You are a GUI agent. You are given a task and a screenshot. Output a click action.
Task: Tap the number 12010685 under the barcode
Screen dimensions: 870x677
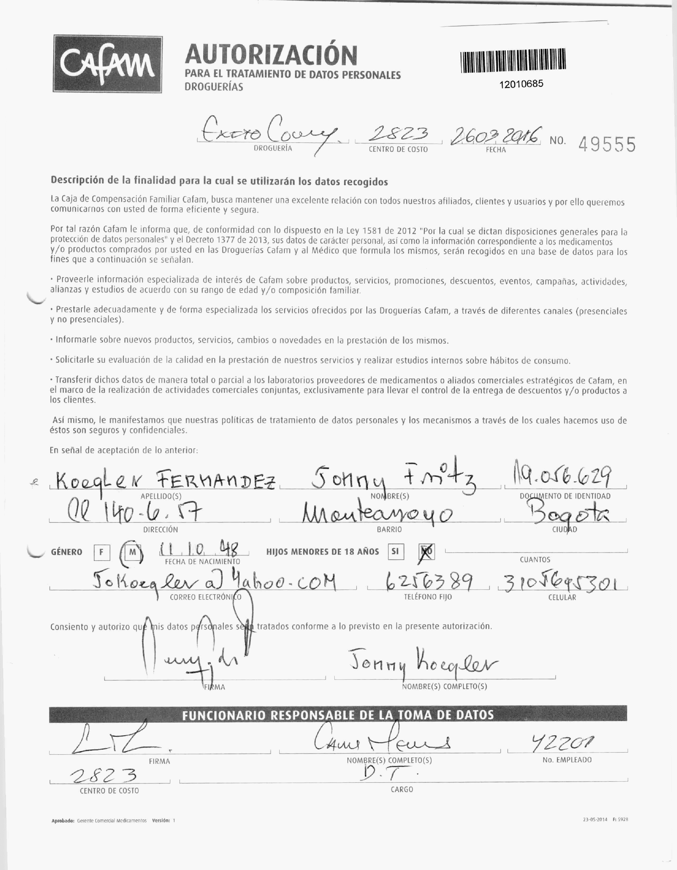[521, 84]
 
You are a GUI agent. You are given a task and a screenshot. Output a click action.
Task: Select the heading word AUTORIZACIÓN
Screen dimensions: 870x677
[271, 55]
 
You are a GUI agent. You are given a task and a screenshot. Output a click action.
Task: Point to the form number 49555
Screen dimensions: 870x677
[607, 144]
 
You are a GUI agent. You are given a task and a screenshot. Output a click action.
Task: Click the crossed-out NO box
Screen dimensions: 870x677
[427, 552]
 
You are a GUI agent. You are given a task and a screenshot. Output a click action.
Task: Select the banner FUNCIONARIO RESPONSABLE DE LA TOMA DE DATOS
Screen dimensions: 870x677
[338, 715]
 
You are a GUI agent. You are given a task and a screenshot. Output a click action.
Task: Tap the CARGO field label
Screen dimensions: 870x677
[402, 789]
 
